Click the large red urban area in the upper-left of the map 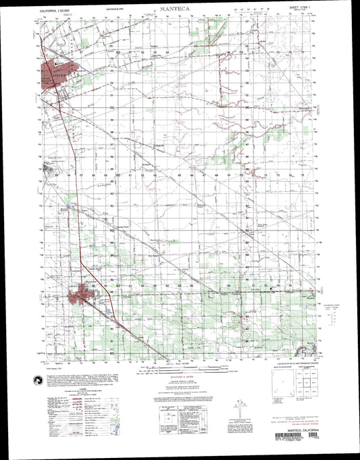pos(58,71)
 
